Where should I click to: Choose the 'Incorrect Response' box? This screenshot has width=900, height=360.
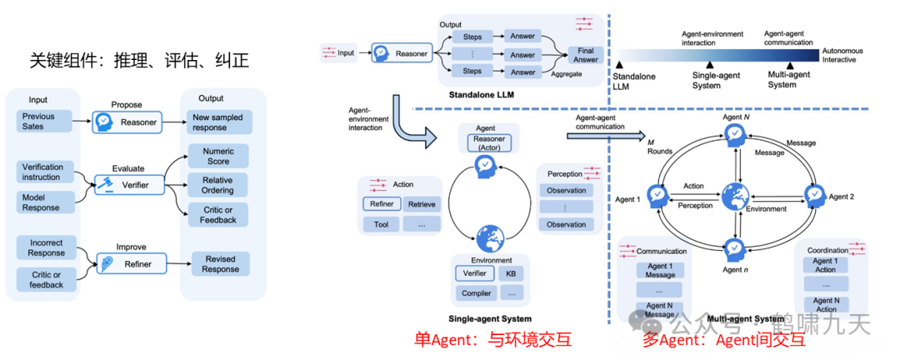pos(46,247)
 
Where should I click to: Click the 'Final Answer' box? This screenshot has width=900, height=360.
pos(586,54)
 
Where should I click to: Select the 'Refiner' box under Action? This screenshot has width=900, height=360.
pos(382,203)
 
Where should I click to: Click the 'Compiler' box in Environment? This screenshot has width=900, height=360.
pos(475,292)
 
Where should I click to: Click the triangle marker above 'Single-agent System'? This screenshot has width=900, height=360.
pos(708,63)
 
